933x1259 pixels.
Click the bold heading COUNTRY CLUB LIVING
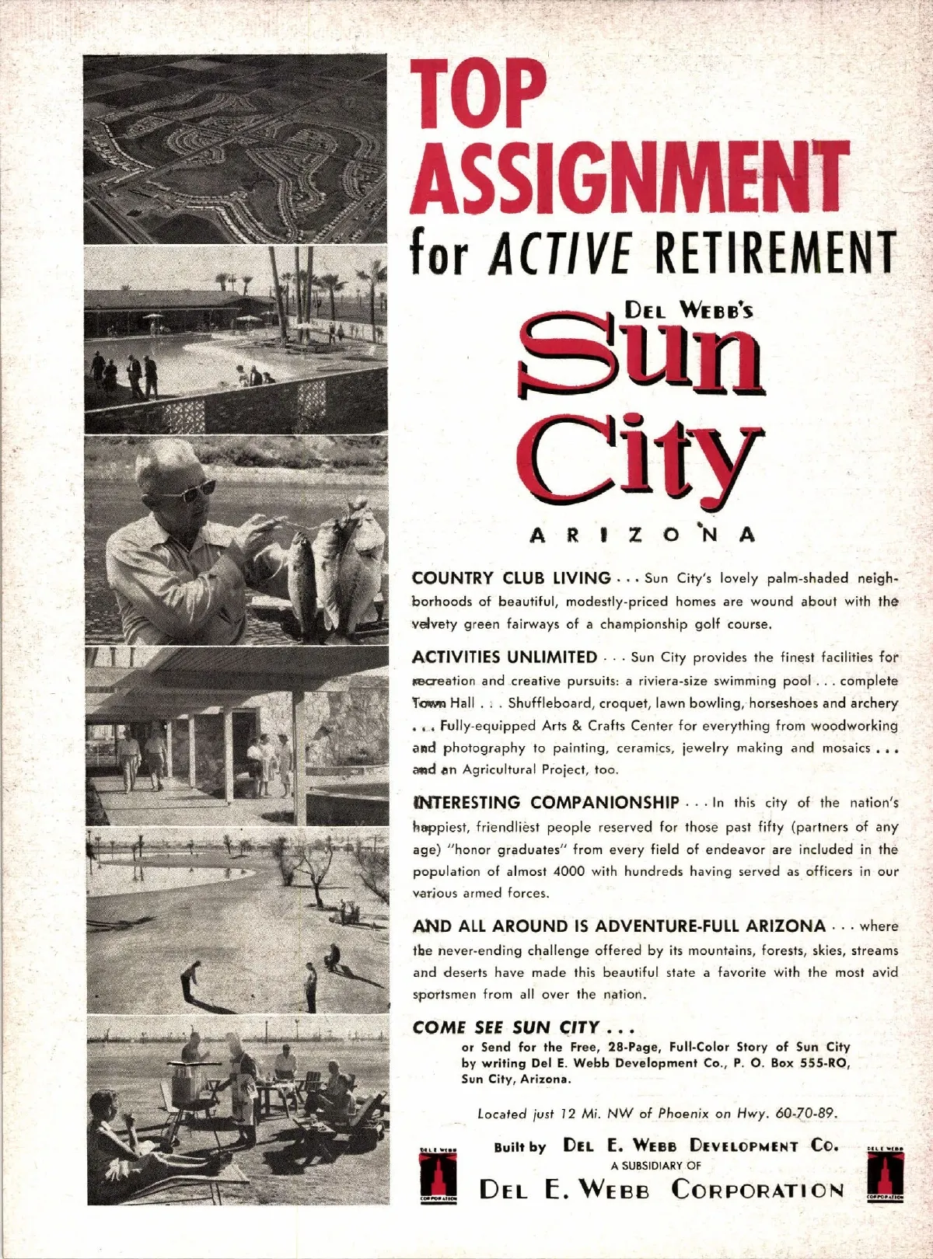511,578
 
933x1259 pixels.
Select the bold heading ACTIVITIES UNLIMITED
504,657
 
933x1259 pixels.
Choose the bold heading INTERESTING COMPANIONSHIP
545,802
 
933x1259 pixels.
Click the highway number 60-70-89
805,1114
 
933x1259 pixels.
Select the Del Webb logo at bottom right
885,1174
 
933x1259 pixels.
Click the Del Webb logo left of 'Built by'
438,1174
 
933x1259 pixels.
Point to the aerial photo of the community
235,149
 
